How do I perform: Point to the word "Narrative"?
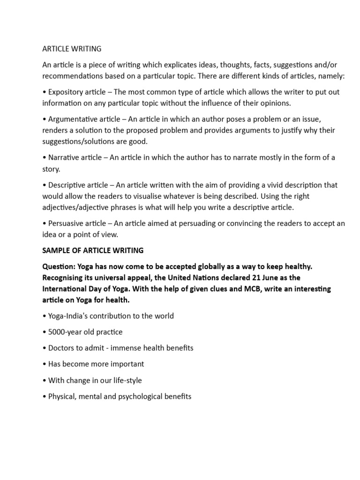pos(63,157)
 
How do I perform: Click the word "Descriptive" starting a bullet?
pos(67,185)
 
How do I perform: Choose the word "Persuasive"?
pos(66,223)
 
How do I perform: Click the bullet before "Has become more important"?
pos(44,364)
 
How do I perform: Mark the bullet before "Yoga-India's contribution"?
pos(44,316)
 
